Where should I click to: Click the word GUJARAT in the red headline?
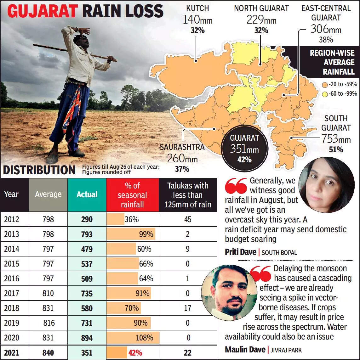(x=43, y=11)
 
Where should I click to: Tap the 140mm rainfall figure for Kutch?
(x=197, y=20)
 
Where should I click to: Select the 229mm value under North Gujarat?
(x=261, y=20)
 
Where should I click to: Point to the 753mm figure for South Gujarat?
(x=336, y=139)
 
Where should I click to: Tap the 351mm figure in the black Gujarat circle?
(x=244, y=149)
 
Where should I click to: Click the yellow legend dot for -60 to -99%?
(x=324, y=93)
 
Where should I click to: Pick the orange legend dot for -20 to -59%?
(x=324, y=84)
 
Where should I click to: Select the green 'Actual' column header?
(x=87, y=194)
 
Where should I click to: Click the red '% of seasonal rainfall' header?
(x=132, y=195)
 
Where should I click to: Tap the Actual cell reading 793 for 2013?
(x=87, y=234)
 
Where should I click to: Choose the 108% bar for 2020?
(x=133, y=338)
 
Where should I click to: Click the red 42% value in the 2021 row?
(x=135, y=353)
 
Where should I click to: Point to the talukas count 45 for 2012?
(x=188, y=219)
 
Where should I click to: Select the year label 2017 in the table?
(x=12, y=293)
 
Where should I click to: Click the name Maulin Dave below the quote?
(x=245, y=350)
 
